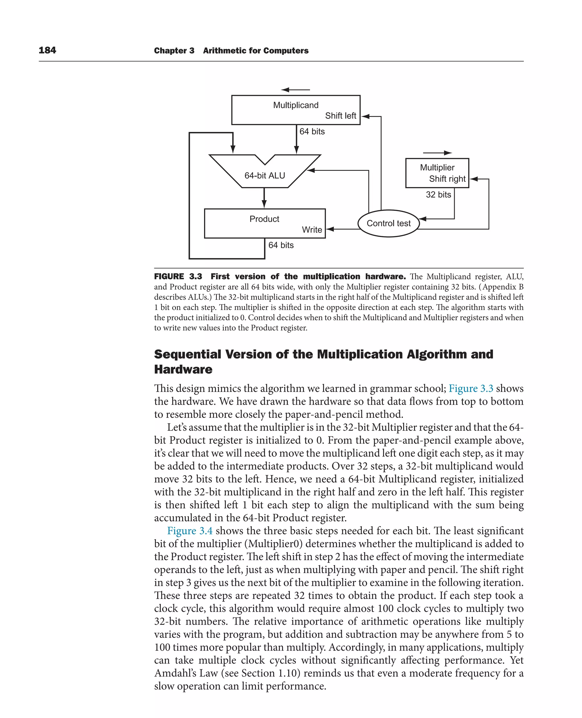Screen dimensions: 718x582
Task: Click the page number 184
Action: click(x=47, y=50)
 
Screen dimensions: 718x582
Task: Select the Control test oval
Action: click(x=388, y=223)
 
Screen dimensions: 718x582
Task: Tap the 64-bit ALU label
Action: click(x=265, y=175)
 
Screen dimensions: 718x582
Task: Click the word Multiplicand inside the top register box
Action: click(x=296, y=105)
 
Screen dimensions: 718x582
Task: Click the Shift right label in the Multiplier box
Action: click(x=447, y=179)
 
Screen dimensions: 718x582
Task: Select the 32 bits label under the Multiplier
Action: click(x=438, y=194)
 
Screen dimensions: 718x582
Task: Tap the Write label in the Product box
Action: click(x=312, y=230)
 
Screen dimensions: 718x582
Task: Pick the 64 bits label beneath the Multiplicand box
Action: click(x=312, y=131)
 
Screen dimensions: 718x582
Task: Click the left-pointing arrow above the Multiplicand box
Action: click(x=295, y=90)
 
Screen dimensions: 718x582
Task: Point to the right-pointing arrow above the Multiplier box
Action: click(x=438, y=153)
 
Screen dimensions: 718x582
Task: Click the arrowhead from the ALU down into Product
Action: click(x=264, y=204)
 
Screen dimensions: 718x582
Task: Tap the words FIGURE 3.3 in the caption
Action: click(x=178, y=276)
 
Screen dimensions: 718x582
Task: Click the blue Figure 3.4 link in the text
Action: click(x=190, y=530)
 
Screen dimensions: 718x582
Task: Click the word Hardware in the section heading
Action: click(x=183, y=369)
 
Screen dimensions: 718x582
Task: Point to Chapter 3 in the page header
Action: click(x=174, y=51)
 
